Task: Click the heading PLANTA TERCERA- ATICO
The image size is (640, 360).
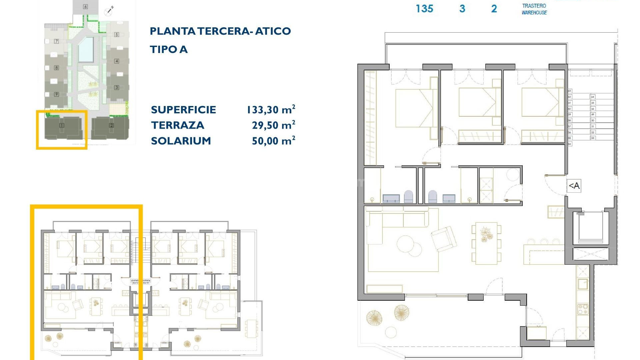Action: tap(220, 31)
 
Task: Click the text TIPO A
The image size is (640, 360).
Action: tap(169, 49)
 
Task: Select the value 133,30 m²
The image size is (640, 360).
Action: tap(271, 109)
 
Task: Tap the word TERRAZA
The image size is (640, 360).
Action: tap(177, 125)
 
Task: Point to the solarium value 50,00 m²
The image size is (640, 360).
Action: tap(273, 141)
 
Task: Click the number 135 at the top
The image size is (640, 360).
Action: tap(424, 8)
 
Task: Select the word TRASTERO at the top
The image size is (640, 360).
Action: tap(534, 6)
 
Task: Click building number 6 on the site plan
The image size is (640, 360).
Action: tap(85, 7)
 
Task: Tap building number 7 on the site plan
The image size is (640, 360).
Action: tap(56, 41)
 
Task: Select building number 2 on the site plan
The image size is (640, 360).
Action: tap(111, 125)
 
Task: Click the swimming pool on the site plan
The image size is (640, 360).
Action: tap(86, 49)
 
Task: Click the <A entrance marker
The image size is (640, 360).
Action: tap(574, 186)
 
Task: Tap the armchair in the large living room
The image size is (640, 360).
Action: tap(444, 238)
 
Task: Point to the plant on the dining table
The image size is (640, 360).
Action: tap(486, 235)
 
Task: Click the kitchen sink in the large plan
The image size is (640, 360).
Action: tap(583, 284)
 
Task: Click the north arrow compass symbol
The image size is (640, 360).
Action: tap(109, 11)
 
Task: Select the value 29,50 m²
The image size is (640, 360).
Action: tap(273, 125)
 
